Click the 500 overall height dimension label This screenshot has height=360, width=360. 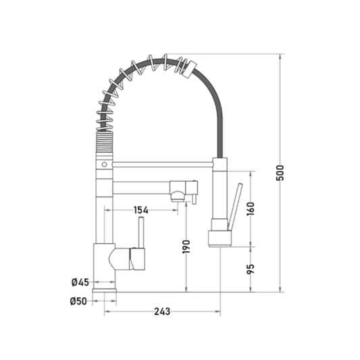click(280, 173)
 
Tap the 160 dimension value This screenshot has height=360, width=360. click(251, 209)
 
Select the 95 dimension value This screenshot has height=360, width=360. click(251, 269)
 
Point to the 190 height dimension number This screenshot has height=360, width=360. click(186, 247)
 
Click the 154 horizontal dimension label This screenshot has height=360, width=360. click(141, 210)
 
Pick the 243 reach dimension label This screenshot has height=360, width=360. click(162, 311)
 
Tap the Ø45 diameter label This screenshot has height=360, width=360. click(80, 282)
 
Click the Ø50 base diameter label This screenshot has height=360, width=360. click(78, 301)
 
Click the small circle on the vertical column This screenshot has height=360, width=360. click(104, 164)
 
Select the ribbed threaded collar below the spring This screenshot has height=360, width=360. click(105, 145)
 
